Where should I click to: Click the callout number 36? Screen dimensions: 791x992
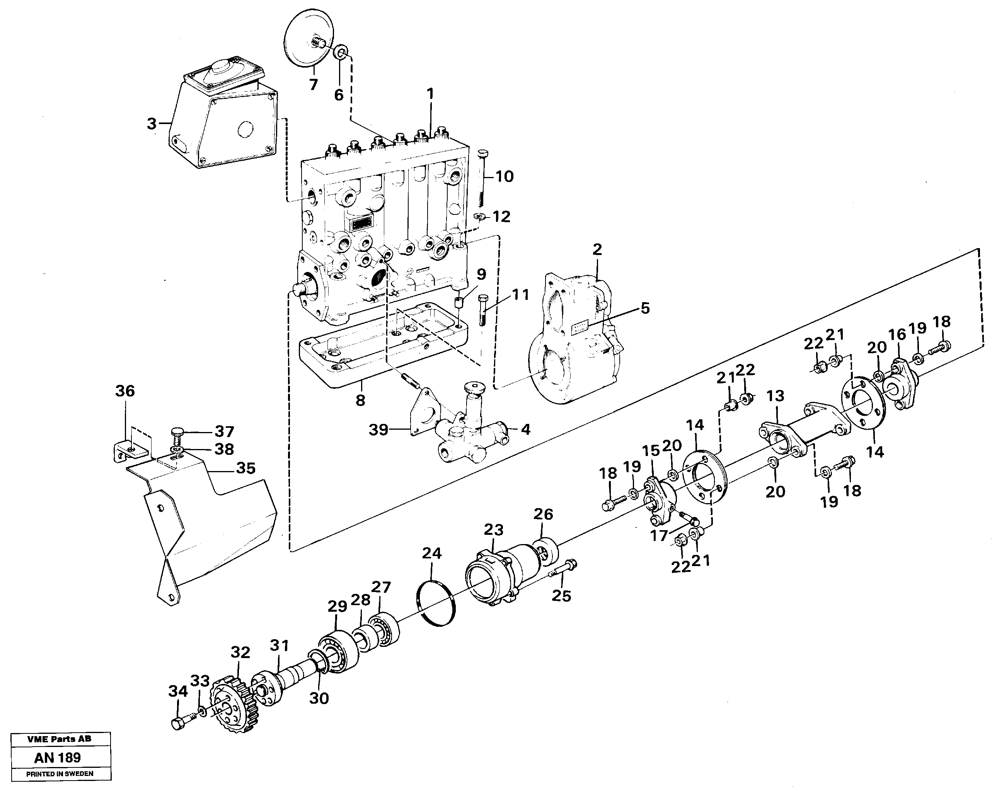coord(125,391)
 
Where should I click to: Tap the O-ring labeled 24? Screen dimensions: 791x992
coord(436,604)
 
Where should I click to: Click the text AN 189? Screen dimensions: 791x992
coord(58,757)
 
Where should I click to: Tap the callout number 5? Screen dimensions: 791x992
coord(645,308)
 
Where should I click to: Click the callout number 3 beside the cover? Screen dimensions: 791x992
coord(152,124)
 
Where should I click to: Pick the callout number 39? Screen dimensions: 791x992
coord(379,430)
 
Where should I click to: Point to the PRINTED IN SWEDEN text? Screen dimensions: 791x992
coord(60,774)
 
